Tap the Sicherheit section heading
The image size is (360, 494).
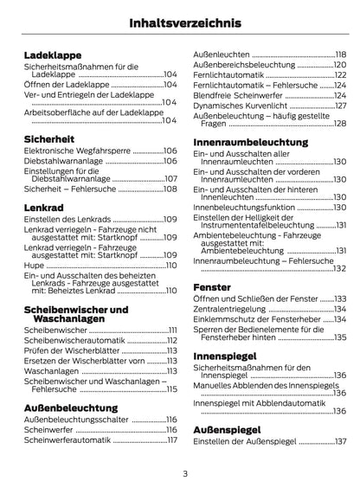[49, 138]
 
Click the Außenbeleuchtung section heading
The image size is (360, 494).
[70, 405]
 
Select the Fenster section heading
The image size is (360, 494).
[212, 285]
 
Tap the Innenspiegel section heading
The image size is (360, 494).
[223, 355]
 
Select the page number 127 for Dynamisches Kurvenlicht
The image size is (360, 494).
[340, 106]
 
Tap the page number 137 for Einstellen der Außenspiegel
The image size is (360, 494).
[340, 441]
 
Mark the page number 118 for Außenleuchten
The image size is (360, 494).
[340, 54]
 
